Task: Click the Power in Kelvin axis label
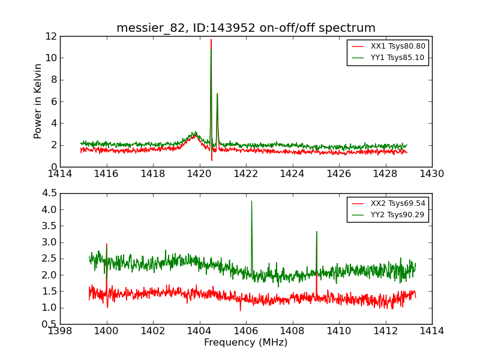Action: coord(38,101)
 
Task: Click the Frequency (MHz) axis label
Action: coord(245,343)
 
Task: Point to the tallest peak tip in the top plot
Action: coord(211,40)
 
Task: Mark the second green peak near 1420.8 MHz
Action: coord(217,94)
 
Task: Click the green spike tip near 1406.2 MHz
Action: coord(251,201)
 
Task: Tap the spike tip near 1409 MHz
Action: coord(316,232)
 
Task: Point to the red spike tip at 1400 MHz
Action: coord(107,244)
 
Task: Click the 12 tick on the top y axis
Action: coord(50,36)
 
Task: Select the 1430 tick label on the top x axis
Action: coord(431,173)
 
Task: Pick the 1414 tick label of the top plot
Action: coord(61,173)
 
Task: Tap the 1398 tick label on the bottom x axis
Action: coord(61,331)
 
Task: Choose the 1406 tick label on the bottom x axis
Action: coord(245,331)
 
